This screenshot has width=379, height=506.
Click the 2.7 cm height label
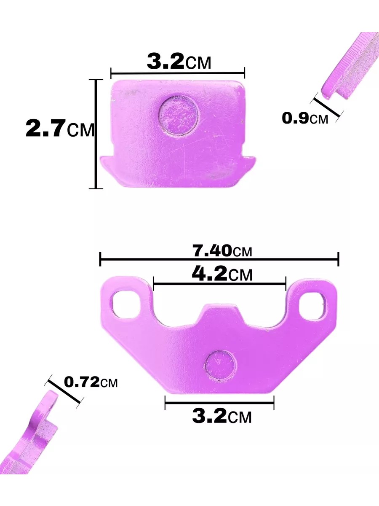(x=60, y=129)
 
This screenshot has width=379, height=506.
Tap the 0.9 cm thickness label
(x=304, y=118)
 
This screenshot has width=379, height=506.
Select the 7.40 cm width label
(x=222, y=250)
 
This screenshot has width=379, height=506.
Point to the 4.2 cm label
(x=222, y=273)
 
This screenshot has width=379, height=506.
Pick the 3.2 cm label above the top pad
(x=179, y=62)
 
